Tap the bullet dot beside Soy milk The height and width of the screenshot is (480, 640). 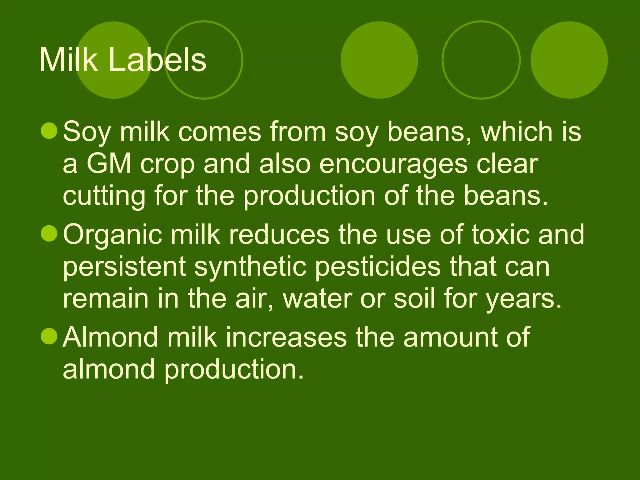(49, 131)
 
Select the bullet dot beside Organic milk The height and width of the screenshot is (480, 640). (49, 233)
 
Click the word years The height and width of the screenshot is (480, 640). (523, 299)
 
